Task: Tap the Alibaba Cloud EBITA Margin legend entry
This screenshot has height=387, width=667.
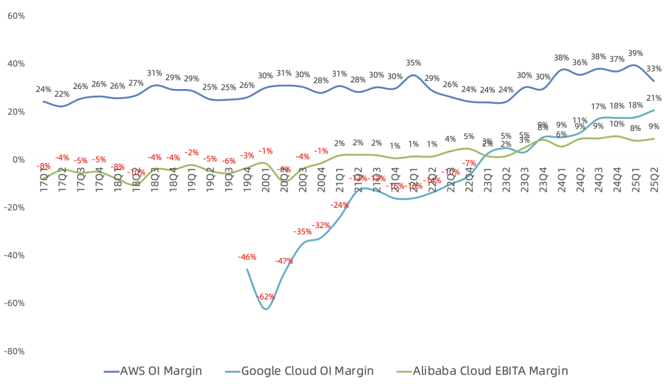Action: (481, 371)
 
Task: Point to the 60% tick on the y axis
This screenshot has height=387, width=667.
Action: (15, 15)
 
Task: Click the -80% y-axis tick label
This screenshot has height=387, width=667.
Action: (14, 351)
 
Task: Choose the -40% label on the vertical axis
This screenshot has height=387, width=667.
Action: (14, 255)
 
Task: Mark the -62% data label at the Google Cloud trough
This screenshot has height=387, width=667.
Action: (266, 297)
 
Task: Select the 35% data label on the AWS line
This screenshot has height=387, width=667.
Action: (414, 63)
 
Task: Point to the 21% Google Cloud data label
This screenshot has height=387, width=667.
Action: (654, 98)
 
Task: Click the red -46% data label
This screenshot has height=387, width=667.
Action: (247, 257)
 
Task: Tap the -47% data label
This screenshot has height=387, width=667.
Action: (284, 261)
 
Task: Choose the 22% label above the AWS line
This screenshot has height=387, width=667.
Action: (62, 94)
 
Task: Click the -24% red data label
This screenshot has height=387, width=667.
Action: (339, 205)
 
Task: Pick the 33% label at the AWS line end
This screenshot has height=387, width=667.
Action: (654, 69)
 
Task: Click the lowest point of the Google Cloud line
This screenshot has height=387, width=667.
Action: (266, 308)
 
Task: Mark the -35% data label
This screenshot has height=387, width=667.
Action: (303, 232)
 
